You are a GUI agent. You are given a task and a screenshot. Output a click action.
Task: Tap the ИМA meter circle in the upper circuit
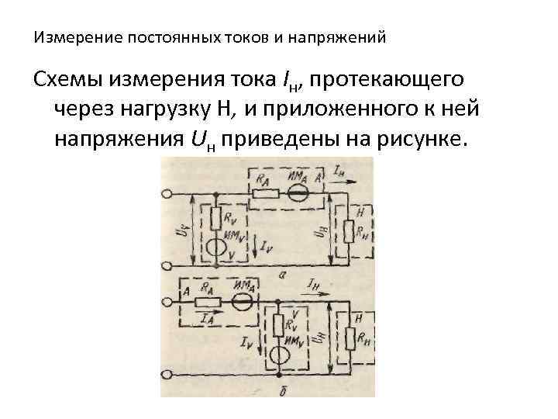coord(295,192)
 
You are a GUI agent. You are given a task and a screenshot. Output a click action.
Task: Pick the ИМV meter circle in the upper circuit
coord(217,249)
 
